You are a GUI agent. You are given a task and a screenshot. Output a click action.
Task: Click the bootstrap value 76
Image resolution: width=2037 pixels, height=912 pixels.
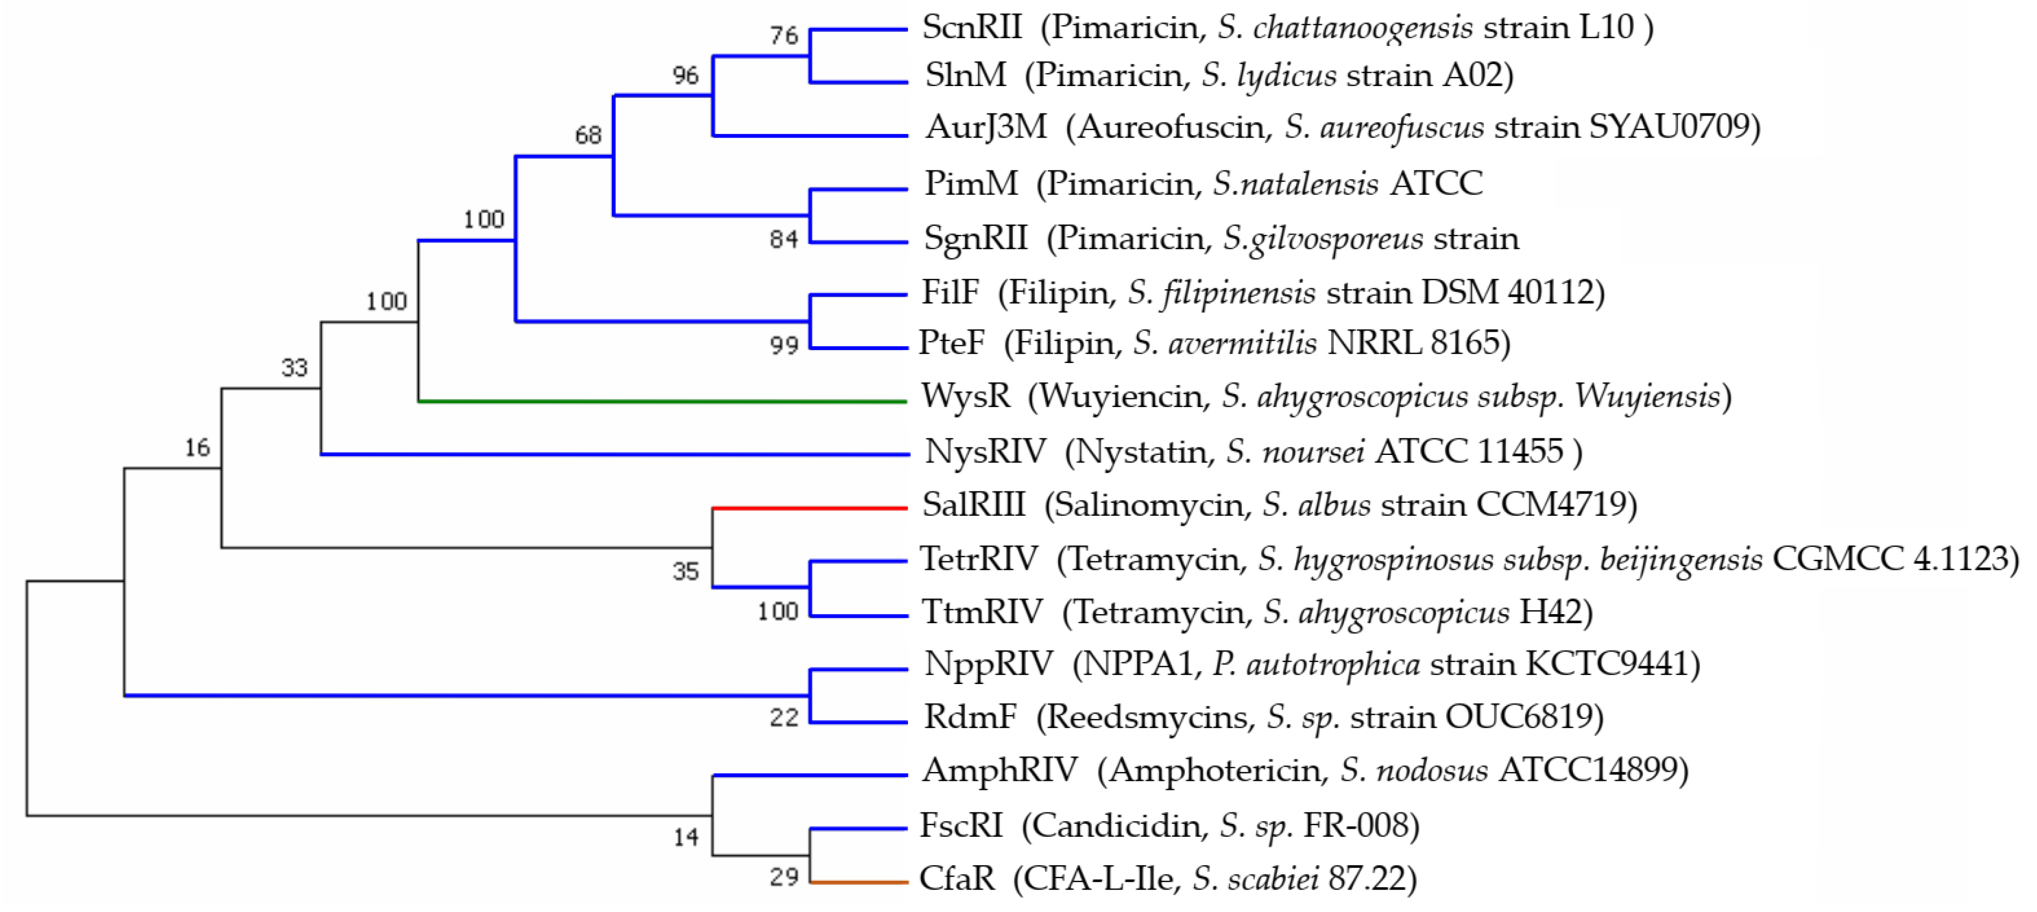tap(784, 35)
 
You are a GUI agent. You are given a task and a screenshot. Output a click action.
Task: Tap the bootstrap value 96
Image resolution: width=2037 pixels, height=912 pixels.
tap(685, 76)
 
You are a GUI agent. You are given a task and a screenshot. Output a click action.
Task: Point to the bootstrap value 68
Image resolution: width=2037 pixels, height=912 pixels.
tap(588, 136)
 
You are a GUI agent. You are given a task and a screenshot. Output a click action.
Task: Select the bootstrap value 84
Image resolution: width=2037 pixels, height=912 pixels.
tap(784, 239)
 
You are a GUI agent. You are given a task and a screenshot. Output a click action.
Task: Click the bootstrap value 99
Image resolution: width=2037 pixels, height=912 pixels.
tap(784, 345)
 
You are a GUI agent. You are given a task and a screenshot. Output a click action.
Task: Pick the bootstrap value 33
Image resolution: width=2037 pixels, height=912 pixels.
tap(294, 368)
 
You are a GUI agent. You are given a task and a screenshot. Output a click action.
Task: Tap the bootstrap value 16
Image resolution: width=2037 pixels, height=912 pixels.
tap(197, 448)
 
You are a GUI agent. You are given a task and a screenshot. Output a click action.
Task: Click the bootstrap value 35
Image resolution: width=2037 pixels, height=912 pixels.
tap(685, 571)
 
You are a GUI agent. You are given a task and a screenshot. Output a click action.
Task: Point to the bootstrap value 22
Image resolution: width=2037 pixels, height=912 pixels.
tap(784, 717)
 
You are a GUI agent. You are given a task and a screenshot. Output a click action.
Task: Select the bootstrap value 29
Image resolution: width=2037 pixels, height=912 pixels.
tap(784, 877)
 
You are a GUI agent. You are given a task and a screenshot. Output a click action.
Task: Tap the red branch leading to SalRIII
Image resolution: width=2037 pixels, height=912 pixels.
tap(810, 508)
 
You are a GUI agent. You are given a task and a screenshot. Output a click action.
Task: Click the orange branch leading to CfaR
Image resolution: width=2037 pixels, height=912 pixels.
tap(859, 881)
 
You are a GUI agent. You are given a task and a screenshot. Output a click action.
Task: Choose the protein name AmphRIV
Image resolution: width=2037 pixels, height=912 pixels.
tap(999, 769)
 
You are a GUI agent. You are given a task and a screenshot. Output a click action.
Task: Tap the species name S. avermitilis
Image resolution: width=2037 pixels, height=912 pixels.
tap(1225, 343)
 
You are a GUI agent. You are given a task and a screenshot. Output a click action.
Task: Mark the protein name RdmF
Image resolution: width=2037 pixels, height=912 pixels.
tap(970, 717)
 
